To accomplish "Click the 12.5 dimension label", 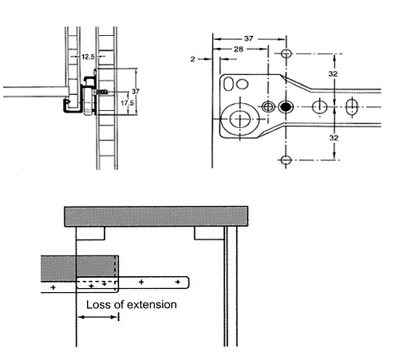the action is pyautogui.click(x=88, y=57).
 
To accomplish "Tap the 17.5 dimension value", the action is pyautogui.click(x=128, y=103).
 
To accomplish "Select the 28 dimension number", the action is pyautogui.click(x=239, y=49).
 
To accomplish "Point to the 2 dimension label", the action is pyautogui.click(x=193, y=59).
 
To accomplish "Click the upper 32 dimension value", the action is pyautogui.click(x=333, y=73).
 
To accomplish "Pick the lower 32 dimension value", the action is pyautogui.click(x=334, y=138).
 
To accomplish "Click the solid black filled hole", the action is pyautogui.click(x=286, y=107).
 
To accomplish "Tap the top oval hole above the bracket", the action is pyautogui.click(x=286, y=53).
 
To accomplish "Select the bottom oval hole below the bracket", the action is pyautogui.click(x=286, y=160).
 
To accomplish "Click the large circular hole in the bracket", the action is pyautogui.click(x=240, y=119).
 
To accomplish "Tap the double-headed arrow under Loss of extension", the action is pyautogui.click(x=97, y=317).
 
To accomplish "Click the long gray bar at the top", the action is pyautogui.click(x=156, y=216).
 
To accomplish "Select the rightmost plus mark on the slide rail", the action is pyautogui.click(x=178, y=282).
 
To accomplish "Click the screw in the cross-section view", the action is pyautogui.click(x=101, y=92).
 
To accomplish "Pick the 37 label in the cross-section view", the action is pyautogui.click(x=136, y=92).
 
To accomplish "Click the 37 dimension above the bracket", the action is pyautogui.click(x=249, y=38).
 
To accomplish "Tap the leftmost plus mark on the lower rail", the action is pyautogui.click(x=53, y=287).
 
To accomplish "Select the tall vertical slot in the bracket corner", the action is pyautogui.click(x=228, y=84).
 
